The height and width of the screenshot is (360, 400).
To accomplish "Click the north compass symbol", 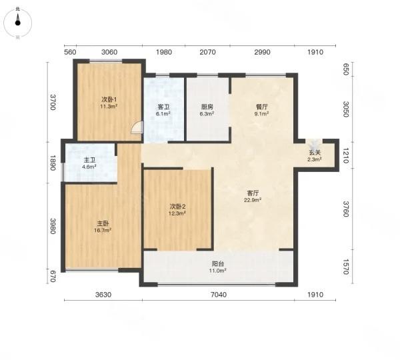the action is point(17,23).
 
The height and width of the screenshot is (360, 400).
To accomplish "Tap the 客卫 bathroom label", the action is point(163,107).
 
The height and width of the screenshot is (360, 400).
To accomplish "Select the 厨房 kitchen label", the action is point(207,107).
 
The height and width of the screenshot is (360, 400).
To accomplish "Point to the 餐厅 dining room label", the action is point(262,107).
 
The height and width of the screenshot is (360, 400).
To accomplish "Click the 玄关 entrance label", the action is point(315,153).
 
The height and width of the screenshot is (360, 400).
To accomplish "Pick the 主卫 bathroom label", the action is point(89,160).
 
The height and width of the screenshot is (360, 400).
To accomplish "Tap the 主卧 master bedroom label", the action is point(103,224).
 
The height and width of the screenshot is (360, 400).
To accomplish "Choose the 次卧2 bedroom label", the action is point(178,207).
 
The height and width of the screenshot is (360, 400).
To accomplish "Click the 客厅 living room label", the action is point(253,193).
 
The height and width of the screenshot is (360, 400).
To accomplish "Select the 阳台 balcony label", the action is point(218,264).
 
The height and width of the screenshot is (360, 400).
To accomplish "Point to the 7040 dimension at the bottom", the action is point(219,295).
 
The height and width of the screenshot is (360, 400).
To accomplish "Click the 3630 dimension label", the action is point(103,295).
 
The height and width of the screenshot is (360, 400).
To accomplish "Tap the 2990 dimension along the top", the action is point(262,52).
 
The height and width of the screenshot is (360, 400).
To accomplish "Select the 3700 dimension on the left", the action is point(53,102).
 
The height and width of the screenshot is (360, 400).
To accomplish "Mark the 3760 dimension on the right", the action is point(346,209).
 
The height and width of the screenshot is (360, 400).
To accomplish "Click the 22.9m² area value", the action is point(253,200).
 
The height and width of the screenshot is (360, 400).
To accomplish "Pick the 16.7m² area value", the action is point(103,231).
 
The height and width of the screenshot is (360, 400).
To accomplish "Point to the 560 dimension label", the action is point(70,52).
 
